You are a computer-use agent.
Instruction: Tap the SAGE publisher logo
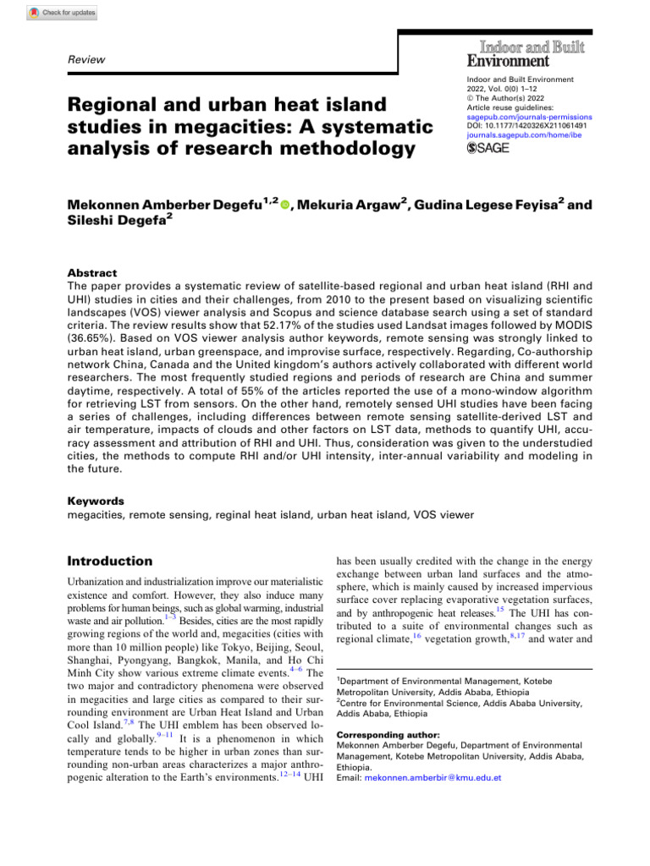[x=490, y=149]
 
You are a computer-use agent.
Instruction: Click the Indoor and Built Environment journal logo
[x=525, y=52]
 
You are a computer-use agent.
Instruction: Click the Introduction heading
[x=109, y=561]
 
